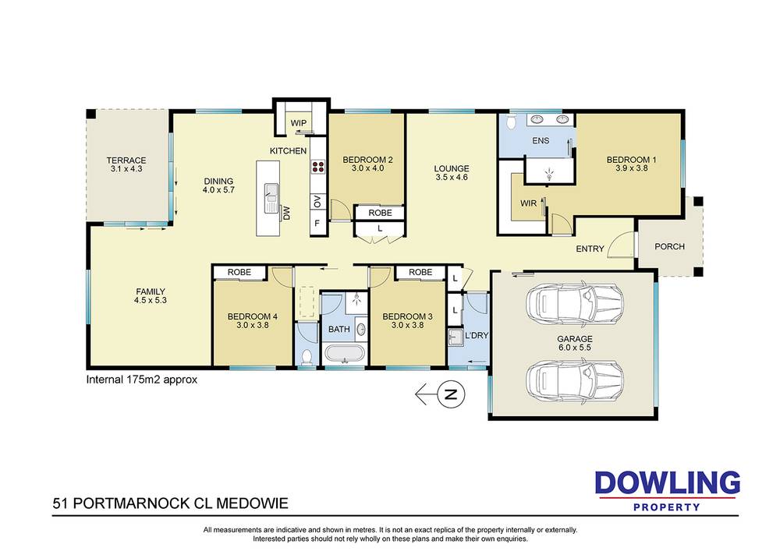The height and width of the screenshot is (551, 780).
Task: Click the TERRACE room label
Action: pos(126,161)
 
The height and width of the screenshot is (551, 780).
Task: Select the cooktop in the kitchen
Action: pos(318,166)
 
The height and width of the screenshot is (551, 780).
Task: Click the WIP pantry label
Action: pos(298,123)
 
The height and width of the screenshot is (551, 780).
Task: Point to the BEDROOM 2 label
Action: pos(367,161)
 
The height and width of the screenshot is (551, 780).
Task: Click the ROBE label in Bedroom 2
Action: pos(379,212)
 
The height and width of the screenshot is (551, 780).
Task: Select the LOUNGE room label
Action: pos(452,168)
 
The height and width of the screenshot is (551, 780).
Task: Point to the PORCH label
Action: pos(669,246)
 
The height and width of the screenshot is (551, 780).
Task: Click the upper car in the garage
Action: pos(575,302)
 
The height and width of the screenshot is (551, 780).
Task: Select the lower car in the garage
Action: pos(575,380)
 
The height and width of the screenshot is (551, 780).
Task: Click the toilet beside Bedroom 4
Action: pos(307,357)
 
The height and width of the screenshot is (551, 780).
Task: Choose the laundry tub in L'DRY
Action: pos(456,338)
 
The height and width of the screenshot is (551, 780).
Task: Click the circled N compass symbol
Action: pos(449,394)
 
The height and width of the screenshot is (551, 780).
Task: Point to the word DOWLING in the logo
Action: pos(667,483)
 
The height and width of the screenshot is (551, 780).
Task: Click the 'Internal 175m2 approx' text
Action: pos(141,380)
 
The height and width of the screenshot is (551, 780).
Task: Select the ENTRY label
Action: pos(590,249)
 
